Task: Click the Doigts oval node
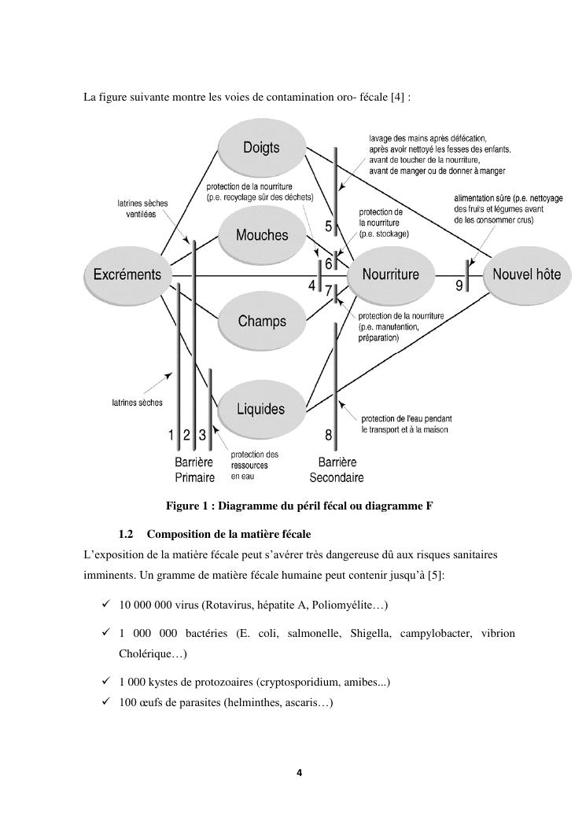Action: (260, 148)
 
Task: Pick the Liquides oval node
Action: (260, 409)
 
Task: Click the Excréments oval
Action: (127, 274)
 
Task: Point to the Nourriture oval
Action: (390, 274)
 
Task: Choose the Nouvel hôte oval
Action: (526, 274)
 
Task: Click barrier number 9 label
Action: (459, 287)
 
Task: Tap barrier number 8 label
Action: (329, 435)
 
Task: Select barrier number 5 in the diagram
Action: (329, 227)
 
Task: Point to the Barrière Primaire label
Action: (194, 470)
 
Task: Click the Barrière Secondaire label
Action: (336, 470)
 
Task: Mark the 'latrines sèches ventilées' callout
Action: (142, 208)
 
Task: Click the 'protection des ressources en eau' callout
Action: (254, 465)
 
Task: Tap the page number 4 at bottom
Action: (299, 772)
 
